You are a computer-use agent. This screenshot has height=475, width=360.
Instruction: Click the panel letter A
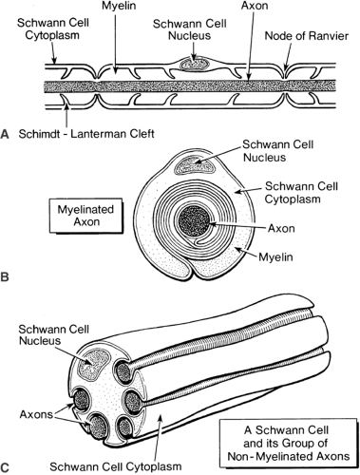click(x=5, y=134)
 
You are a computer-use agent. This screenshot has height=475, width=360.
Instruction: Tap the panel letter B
click(x=5, y=277)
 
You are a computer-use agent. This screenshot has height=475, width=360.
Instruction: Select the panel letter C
click(x=5, y=467)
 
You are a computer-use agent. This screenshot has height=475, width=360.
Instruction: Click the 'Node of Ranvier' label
click(x=306, y=36)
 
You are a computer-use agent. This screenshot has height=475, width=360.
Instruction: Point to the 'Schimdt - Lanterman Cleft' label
click(x=86, y=134)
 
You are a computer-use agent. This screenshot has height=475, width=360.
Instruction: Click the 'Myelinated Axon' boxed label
click(x=86, y=216)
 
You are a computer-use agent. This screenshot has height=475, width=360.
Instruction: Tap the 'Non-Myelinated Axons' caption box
click(x=288, y=443)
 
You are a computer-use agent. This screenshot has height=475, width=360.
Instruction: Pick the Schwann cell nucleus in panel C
click(x=93, y=364)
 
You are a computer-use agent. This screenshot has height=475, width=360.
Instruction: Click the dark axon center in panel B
click(x=194, y=221)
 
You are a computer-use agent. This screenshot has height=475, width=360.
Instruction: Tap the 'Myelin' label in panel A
click(x=119, y=6)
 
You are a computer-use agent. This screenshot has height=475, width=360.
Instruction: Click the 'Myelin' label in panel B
click(x=275, y=256)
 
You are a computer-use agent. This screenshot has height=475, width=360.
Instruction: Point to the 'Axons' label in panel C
click(x=36, y=414)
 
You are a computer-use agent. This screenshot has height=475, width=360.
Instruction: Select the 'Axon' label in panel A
click(x=255, y=6)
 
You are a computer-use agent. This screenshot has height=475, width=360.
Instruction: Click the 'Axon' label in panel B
click(x=281, y=228)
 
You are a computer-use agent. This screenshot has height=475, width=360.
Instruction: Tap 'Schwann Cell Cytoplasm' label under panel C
click(x=116, y=466)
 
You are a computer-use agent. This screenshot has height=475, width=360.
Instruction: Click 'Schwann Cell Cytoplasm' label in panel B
click(x=301, y=193)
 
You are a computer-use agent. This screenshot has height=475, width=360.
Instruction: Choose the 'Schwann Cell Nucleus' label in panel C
click(x=53, y=335)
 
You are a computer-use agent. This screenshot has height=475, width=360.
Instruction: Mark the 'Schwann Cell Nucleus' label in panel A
click(x=189, y=29)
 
